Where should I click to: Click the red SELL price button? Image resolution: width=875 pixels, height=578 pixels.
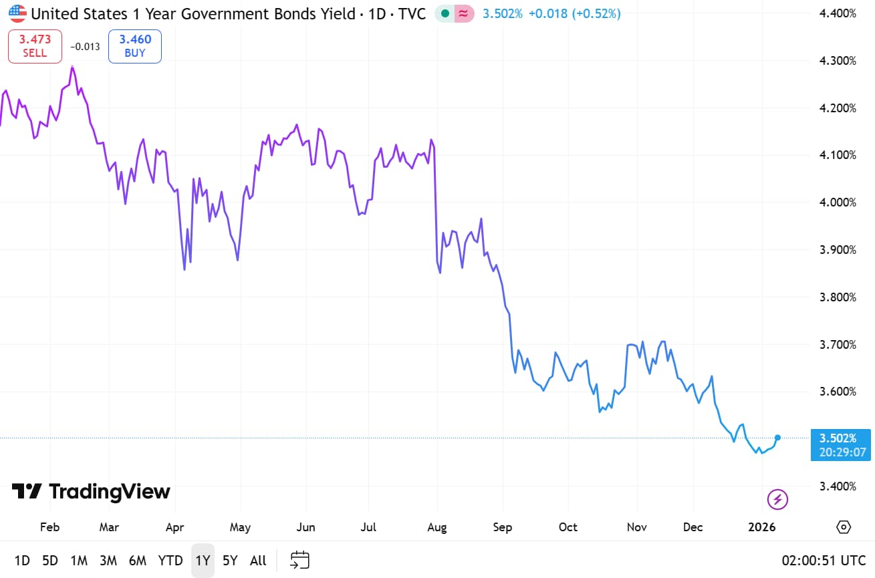pos(35,46)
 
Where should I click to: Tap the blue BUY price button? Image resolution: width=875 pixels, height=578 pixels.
pos(135,46)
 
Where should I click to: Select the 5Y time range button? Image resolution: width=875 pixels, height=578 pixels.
pos(230,561)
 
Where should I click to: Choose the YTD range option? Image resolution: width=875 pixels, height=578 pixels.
pos(170,561)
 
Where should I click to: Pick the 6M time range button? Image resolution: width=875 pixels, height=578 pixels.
pos(137,561)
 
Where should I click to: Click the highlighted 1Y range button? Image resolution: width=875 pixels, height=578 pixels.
pos(203,561)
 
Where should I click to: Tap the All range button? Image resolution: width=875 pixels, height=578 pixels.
pos(258,561)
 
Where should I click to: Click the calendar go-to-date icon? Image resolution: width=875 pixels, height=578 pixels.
pos(300,561)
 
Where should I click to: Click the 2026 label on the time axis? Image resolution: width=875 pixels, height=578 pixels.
pos(761,527)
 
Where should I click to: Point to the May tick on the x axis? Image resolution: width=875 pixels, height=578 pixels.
pos(240,527)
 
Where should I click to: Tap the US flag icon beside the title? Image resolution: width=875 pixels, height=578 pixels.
pos(17,13)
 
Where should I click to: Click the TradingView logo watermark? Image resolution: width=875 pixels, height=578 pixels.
pos(91,492)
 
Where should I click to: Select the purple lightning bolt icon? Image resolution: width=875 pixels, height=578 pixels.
pos(777,498)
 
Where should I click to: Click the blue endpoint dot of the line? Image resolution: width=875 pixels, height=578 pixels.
pos(777,438)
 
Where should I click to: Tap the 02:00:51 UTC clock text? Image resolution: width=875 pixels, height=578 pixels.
pos(824,561)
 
